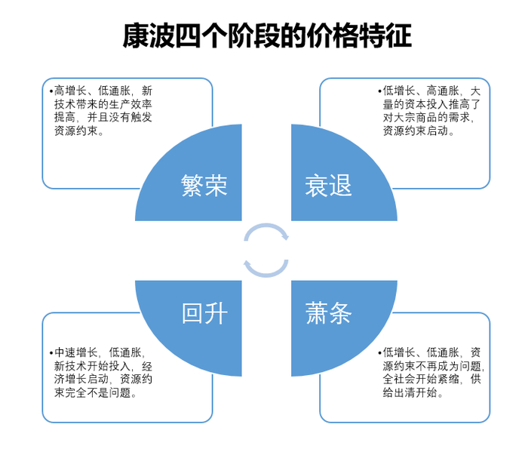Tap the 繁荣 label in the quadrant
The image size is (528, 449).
pos(204,185)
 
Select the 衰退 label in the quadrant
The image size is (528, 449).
pos(328,185)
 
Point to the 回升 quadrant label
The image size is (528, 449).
pos(204,312)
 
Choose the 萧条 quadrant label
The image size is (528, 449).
pos(328,312)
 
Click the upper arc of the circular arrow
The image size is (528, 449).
pos(266,229)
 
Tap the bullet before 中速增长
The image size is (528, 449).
pos(51,352)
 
